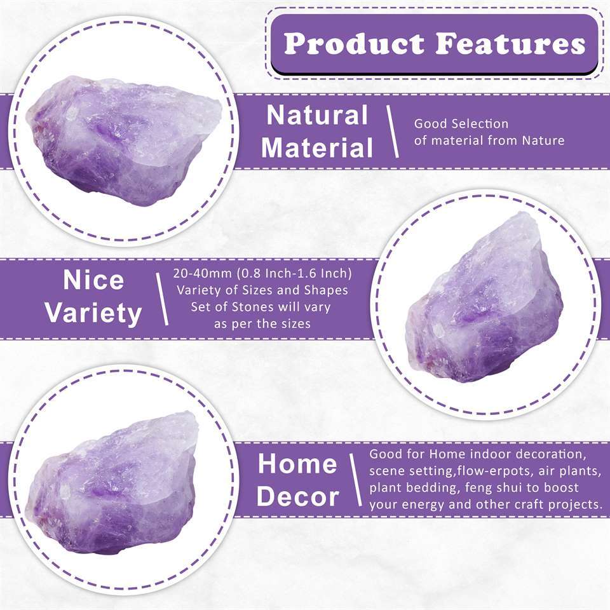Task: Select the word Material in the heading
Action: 316,147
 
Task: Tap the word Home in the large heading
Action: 297,464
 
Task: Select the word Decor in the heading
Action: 297,496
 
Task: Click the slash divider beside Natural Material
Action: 393,132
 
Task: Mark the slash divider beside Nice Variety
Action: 162,298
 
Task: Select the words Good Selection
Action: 461,124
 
